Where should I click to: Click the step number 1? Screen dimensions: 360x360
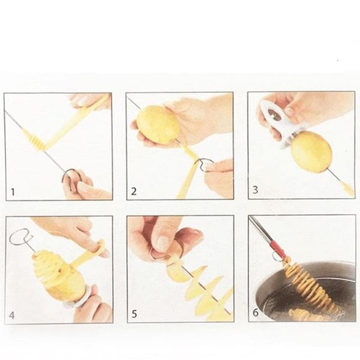(13, 192)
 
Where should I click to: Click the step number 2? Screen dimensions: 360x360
(134, 191)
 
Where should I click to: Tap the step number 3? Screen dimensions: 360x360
(256, 190)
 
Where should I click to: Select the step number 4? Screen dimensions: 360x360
(12, 316)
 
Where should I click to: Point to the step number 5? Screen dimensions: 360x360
(134, 314)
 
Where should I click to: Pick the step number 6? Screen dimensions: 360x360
(256, 313)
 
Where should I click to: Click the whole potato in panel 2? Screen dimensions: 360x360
(158, 125)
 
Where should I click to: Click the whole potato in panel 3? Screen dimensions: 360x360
(311, 152)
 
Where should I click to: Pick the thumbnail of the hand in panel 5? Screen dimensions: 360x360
(163, 244)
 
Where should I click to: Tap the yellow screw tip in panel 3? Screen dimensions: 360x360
(348, 189)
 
